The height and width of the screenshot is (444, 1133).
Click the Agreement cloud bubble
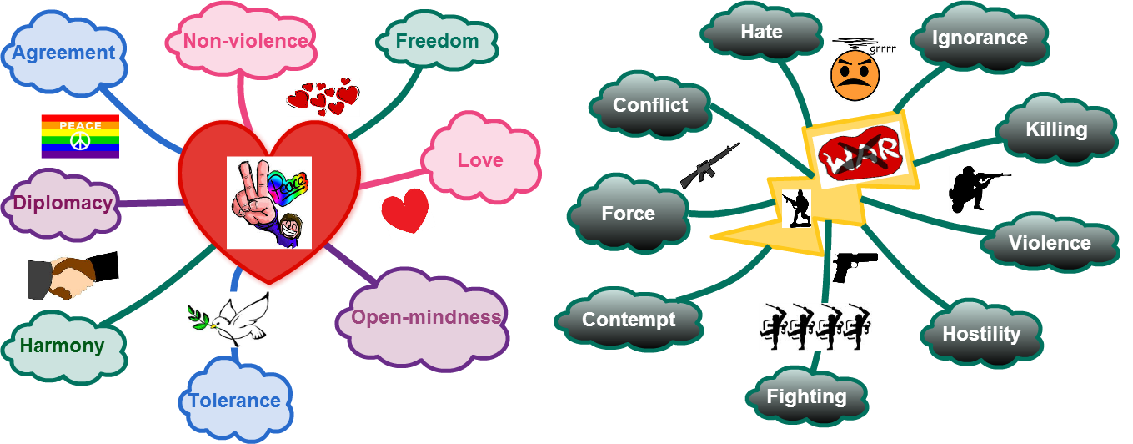tap(64, 53)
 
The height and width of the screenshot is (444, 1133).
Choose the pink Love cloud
tap(479, 159)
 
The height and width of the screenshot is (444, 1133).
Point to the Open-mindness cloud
tap(425, 318)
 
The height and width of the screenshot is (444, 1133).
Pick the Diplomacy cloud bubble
tap(63, 204)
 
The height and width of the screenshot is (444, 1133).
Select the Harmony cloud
tap(63, 346)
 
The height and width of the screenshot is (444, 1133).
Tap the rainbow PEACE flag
tap(80, 137)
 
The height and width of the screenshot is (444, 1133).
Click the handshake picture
tap(73, 275)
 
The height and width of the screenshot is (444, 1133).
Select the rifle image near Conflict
tap(710, 165)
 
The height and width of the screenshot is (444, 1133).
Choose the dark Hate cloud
tap(761, 33)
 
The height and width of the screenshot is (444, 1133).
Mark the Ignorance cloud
tap(979, 38)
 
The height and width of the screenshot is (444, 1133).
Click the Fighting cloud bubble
tap(806, 397)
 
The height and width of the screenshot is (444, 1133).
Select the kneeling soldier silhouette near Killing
tap(979, 189)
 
